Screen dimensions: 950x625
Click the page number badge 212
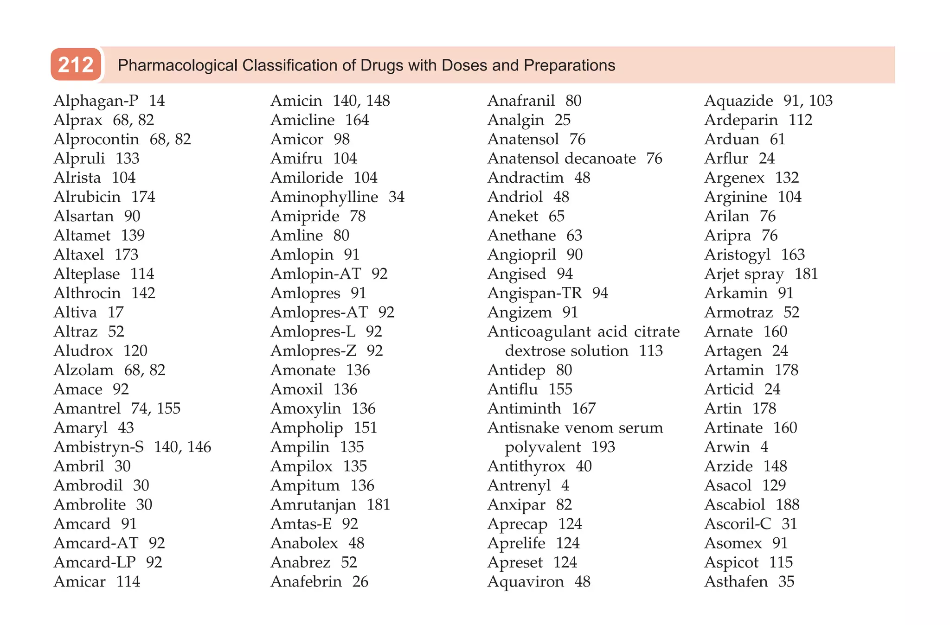(x=76, y=65)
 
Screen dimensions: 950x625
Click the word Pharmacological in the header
(x=177, y=65)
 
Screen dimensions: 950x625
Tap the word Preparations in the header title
(x=569, y=65)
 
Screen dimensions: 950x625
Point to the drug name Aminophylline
(x=324, y=197)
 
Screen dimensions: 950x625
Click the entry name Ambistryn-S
(x=98, y=447)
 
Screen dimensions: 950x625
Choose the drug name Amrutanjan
(x=313, y=504)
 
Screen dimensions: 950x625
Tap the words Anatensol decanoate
(x=561, y=159)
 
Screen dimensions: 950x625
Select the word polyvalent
(x=543, y=447)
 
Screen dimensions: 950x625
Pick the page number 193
(x=603, y=447)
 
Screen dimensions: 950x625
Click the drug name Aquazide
(x=738, y=101)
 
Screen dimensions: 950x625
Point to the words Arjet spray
(x=744, y=274)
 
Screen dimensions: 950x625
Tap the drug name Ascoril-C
(x=738, y=524)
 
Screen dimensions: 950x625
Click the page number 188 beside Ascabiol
(x=788, y=504)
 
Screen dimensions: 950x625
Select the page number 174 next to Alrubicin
(x=143, y=197)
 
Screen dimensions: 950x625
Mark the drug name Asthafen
(x=736, y=581)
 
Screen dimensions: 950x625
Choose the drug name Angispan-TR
(x=534, y=293)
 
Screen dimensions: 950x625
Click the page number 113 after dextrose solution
(x=651, y=351)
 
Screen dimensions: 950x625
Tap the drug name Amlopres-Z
(x=313, y=351)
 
